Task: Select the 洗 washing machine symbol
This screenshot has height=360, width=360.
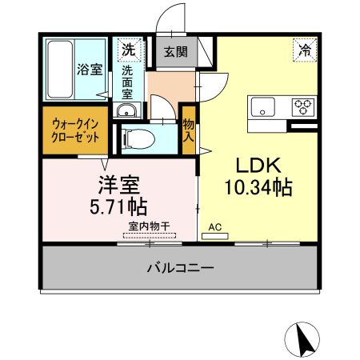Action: point(128,50)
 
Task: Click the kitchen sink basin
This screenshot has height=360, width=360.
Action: point(264,106)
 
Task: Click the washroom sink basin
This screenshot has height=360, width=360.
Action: point(128,111)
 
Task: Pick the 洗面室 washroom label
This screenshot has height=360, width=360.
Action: point(128,82)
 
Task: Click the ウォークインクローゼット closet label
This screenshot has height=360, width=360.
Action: point(76,130)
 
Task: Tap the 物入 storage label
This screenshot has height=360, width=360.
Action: point(189,130)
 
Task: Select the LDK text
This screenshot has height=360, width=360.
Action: point(257,165)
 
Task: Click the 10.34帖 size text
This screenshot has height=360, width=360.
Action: point(257,189)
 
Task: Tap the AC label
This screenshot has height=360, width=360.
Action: point(214,227)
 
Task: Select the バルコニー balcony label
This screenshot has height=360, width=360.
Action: point(180,267)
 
